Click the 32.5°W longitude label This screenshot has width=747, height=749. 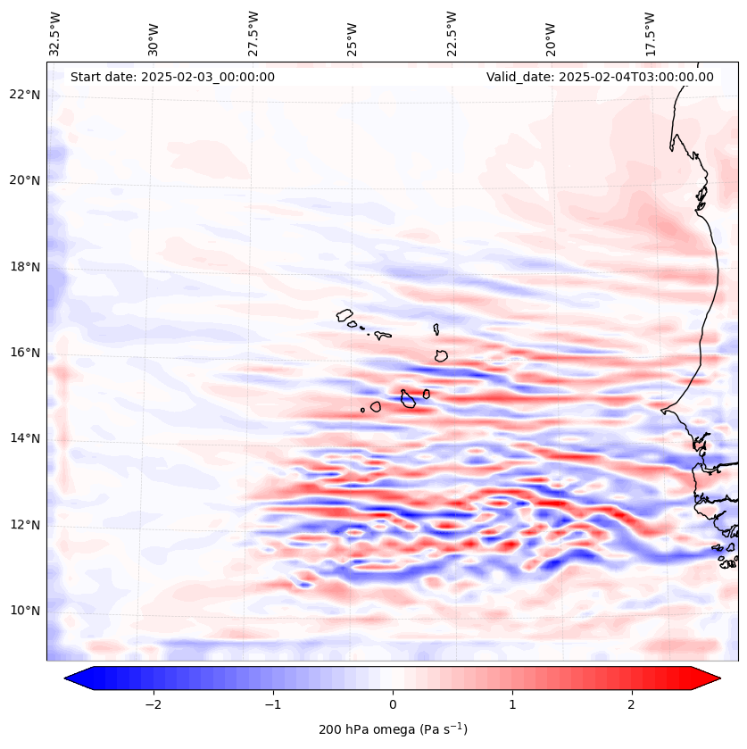coord(55,34)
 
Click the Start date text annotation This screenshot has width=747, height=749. coord(172,77)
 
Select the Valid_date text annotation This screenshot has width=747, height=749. coord(600,77)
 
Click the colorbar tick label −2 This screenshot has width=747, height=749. coord(153,704)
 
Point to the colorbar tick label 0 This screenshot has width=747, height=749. coord(393,704)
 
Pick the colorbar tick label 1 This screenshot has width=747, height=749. coord(512,704)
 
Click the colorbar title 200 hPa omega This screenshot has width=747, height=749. coord(393,729)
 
